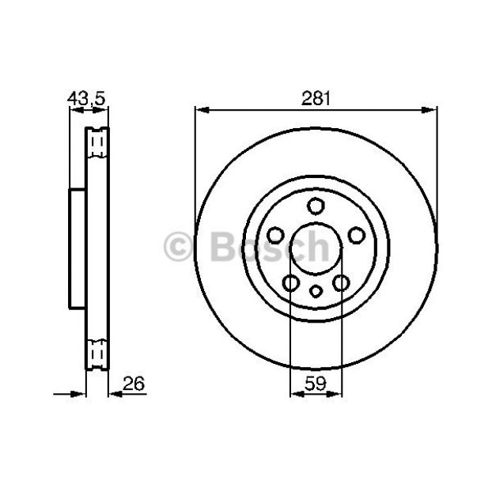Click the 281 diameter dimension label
[316, 98]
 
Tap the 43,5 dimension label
[86, 98]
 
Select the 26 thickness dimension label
[134, 383]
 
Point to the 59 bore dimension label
[316, 383]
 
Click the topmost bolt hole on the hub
[316, 206]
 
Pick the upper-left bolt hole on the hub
[275, 236]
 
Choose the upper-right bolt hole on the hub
[357, 236]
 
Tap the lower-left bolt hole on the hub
[290, 282]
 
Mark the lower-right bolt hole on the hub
[341, 282]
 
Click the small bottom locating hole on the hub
[316, 291]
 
